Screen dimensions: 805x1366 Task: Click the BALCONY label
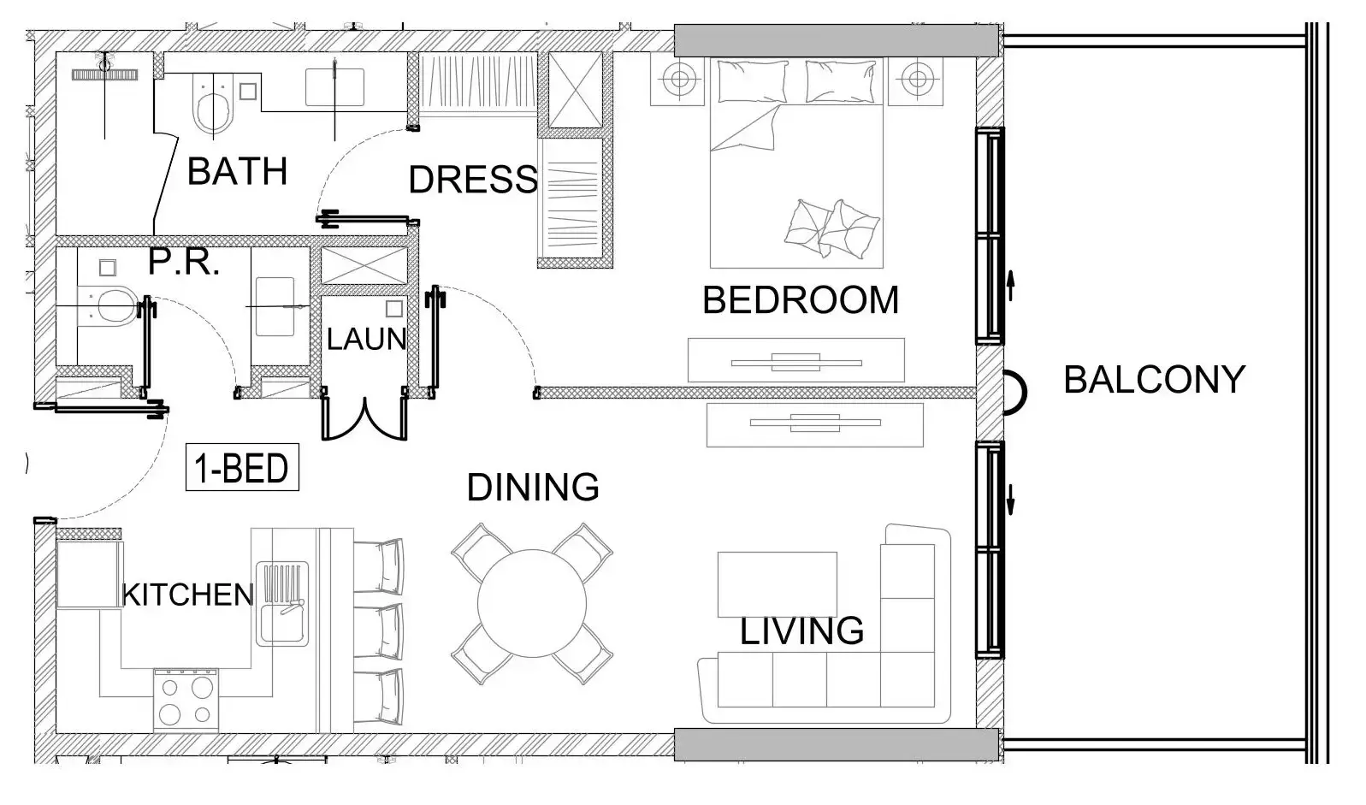(x=1153, y=380)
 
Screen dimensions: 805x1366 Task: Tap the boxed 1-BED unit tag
(x=242, y=468)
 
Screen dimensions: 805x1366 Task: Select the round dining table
(x=532, y=603)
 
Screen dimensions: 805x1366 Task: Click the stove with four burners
(x=186, y=699)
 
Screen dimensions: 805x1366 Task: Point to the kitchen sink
(x=282, y=603)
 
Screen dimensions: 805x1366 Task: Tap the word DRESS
(x=473, y=180)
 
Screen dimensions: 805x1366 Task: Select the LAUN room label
(x=366, y=340)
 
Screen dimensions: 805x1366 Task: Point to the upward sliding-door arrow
(x=1010, y=285)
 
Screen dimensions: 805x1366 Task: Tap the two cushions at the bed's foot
(x=831, y=228)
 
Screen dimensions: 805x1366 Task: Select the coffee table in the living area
(x=777, y=583)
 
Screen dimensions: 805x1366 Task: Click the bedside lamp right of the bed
(x=916, y=80)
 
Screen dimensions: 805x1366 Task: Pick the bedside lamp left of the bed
(x=679, y=80)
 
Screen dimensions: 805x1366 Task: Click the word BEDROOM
(x=800, y=300)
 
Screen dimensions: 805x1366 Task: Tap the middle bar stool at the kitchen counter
(x=378, y=630)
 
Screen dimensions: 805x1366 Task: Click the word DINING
(x=532, y=488)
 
